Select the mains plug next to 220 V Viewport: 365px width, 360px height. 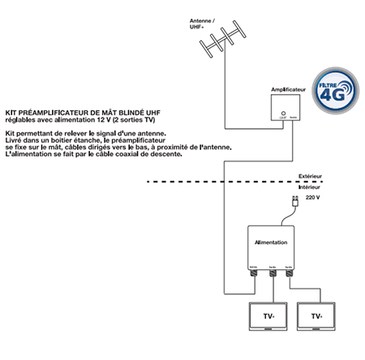click(294, 199)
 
